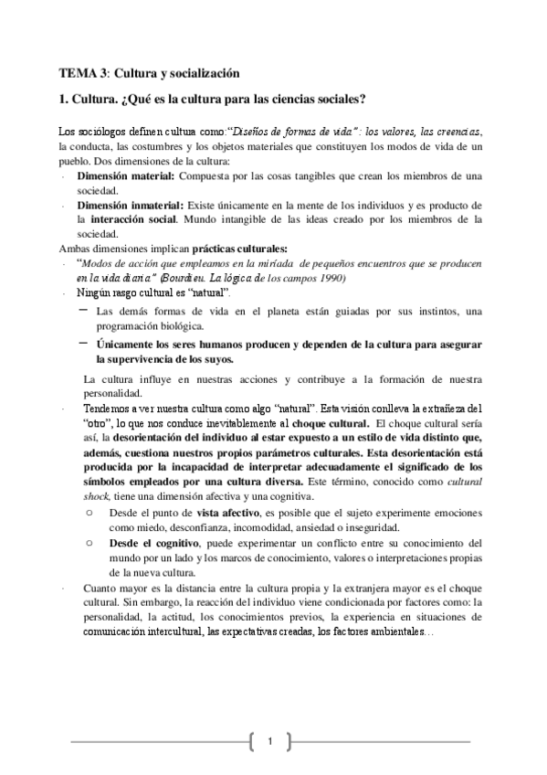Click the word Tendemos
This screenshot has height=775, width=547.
pyautogui.click(x=107, y=408)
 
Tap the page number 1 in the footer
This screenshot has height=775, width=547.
pyautogui.click(x=271, y=738)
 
